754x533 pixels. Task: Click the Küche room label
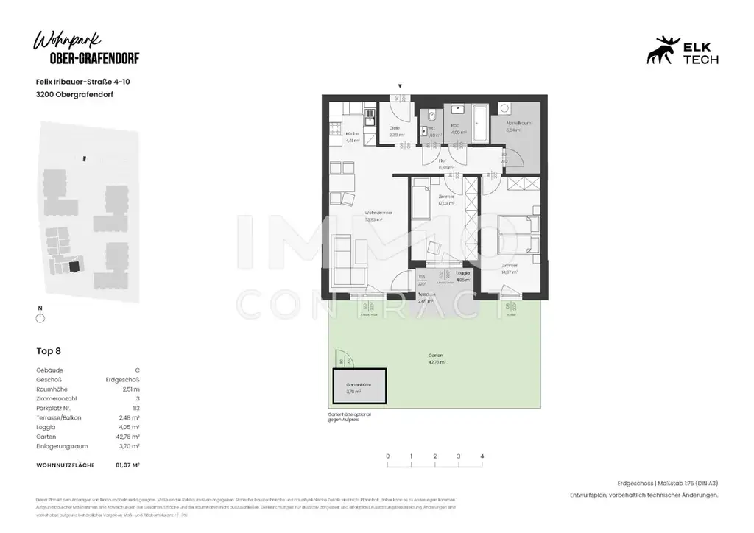352,134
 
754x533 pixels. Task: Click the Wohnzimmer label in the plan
378,213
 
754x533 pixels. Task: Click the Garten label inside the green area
437,356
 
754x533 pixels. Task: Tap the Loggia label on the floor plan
463,273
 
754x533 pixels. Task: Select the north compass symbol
40,317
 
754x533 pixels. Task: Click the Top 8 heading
49,351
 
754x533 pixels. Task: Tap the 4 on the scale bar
482,457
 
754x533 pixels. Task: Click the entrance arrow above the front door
400,87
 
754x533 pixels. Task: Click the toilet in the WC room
432,118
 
